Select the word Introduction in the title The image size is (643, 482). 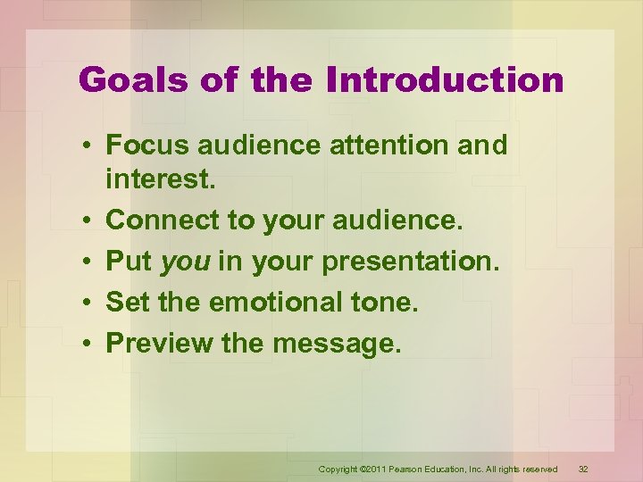click(x=445, y=81)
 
